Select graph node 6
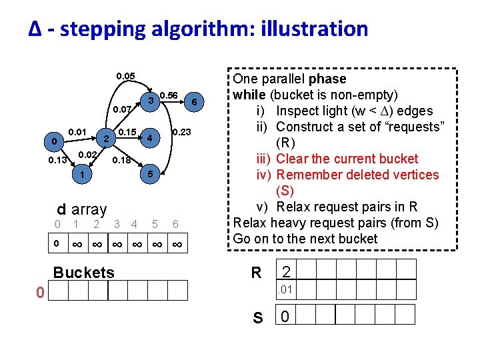[x=194, y=101]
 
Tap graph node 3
[x=151, y=101]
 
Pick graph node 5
[x=151, y=174]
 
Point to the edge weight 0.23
[x=181, y=133]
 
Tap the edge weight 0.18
[x=121, y=161]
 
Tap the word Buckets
[x=83, y=272]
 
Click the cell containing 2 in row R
[x=286, y=271]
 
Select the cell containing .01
[x=286, y=289]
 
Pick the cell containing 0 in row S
[x=285, y=315]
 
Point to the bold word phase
[x=328, y=79]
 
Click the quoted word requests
[x=413, y=127]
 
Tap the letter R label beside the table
[x=256, y=272]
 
